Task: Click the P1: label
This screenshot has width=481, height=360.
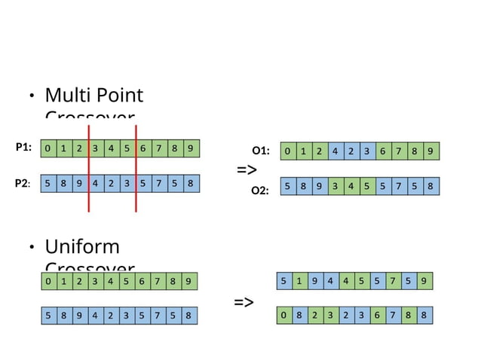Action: (x=23, y=148)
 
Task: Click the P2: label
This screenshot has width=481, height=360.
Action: (x=23, y=183)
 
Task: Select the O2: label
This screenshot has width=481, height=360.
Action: (x=260, y=191)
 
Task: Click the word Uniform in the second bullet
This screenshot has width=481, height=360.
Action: (x=82, y=247)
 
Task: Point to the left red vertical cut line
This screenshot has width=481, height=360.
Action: (x=89, y=167)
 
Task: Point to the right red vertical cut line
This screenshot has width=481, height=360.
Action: (x=136, y=167)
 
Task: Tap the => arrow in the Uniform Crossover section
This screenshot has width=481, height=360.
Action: (x=244, y=303)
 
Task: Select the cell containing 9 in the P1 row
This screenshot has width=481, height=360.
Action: (x=190, y=148)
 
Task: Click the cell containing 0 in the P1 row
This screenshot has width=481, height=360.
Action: (x=48, y=148)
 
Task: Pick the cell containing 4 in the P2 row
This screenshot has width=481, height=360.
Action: (x=96, y=183)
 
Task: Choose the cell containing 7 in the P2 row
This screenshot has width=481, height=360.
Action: (x=158, y=183)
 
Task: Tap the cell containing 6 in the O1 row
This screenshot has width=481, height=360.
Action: (x=382, y=151)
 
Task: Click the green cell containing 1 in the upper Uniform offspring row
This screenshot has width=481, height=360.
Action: (x=300, y=281)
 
